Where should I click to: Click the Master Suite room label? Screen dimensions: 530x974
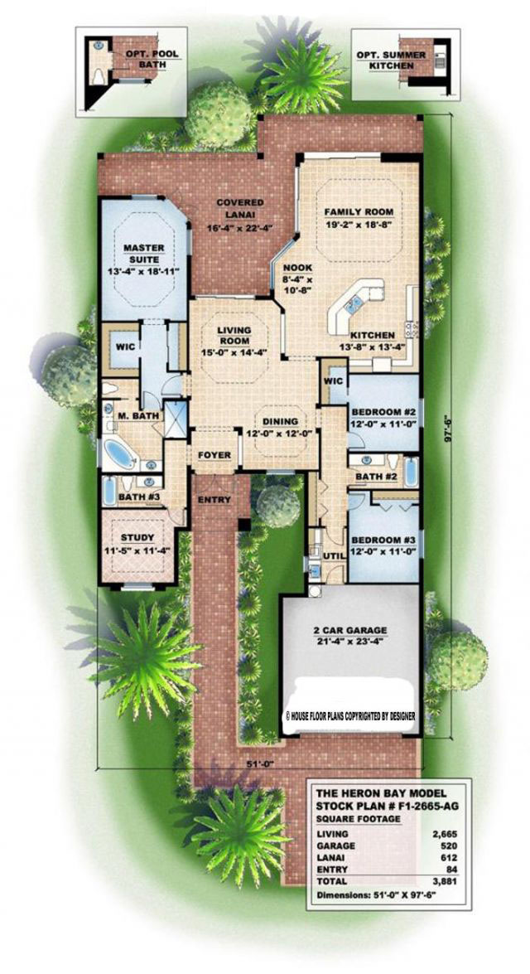143,253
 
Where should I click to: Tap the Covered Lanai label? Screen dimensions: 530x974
240,208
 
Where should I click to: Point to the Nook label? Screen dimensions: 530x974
298,268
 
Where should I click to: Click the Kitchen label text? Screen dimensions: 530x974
373,333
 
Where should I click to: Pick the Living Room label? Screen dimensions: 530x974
234,336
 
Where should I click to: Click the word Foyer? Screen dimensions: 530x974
214,455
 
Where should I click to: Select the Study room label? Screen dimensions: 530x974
138,538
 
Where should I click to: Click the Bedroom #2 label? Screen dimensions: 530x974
383,413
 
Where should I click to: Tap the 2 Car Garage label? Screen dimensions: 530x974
350,630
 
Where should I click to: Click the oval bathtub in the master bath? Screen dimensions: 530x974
118,454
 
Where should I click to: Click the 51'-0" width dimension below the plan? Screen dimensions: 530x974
254,762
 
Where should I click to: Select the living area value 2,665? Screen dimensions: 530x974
440,834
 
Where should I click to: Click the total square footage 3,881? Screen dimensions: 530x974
440,881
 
